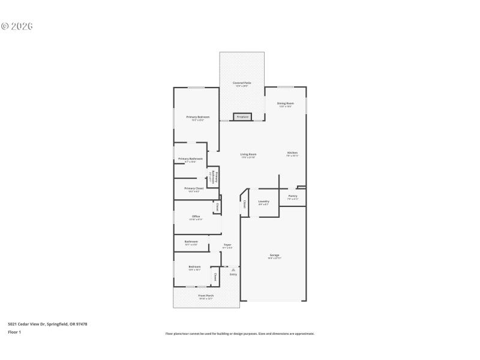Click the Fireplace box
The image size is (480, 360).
coord(242,117)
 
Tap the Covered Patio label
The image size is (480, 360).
coord(242,83)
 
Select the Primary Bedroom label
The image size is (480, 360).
coord(197,117)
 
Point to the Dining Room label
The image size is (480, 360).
coord(285,103)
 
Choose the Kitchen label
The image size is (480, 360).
coord(292,153)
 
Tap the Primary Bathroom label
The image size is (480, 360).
coord(190,158)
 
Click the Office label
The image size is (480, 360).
coord(196,216)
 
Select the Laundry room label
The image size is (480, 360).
coord(263,201)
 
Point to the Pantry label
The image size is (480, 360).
coord(293,196)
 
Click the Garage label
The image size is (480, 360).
coord(274,255)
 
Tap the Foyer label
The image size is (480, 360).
coord(227,245)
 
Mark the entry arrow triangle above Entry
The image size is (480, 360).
coord(233,269)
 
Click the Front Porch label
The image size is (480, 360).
coord(206,295)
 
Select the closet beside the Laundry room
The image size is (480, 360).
coord(245,204)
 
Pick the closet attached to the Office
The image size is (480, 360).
coord(217,207)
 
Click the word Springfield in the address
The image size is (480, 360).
coord(59,324)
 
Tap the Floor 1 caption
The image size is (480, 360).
coord(14,332)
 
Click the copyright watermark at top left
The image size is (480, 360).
coord(17,26)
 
